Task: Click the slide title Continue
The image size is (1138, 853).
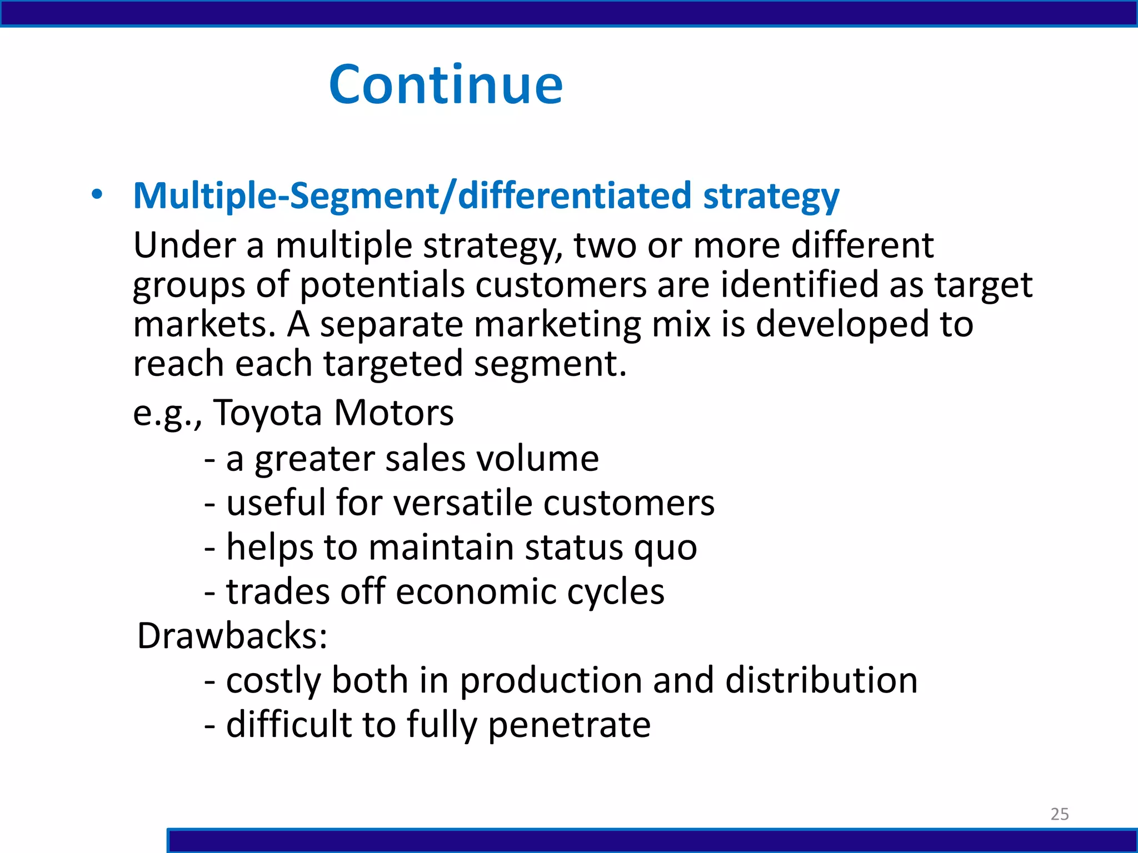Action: pyautogui.click(x=446, y=84)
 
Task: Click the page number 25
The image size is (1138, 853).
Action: pyautogui.click(x=1059, y=814)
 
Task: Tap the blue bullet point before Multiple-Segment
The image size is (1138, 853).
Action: pyautogui.click(x=97, y=195)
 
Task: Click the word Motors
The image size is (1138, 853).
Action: pyautogui.click(x=393, y=413)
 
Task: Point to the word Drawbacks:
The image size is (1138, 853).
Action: pyautogui.click(x=232, y=635)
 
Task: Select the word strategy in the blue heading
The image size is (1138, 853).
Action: pyautogui.click(x=771, y=197)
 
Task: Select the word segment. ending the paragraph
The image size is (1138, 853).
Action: pyautogui.click(x=550, y=364)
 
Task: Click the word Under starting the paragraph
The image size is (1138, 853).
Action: pyautogui.click(x=184, y=245)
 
